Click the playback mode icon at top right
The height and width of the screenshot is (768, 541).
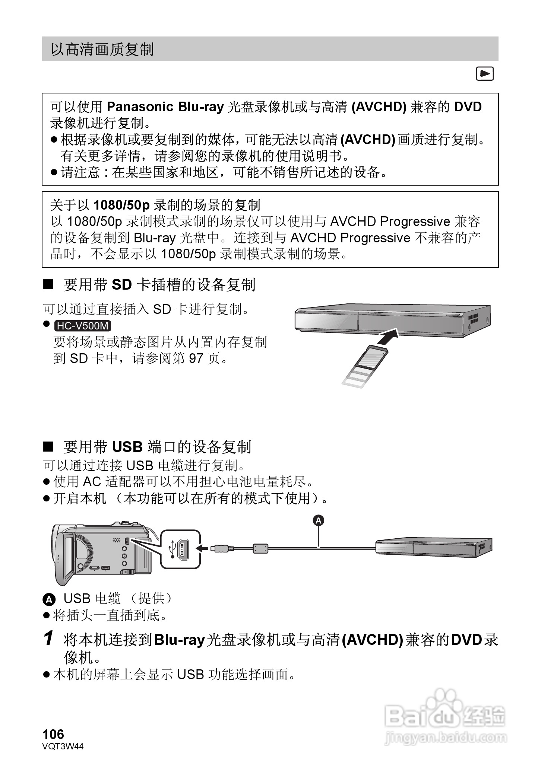click(x=485, y=74)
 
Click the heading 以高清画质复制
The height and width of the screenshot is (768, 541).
click(x=102, y=49)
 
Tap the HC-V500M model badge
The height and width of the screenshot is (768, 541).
click(x=83, y=326)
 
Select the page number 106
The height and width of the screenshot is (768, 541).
click(x=53, y=734)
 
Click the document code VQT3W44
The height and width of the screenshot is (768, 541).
click(x=63, y=746)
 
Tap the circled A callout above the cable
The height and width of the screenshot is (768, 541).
click(x=318, y=520)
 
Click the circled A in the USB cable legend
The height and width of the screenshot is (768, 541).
click(x=49, y=600)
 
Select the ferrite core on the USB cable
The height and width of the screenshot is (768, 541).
click(x=260, y=548)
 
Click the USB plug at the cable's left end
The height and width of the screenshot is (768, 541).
click(x=221, y=548)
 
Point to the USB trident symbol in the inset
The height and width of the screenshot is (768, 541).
click(x=173, y=549)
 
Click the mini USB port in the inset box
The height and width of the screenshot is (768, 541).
click(x=183, y=549)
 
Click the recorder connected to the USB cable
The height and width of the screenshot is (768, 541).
click(x=433, y=547)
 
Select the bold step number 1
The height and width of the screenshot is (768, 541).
click(x=48, y=638)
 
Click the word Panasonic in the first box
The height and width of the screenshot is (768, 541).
click(x=140, y=107)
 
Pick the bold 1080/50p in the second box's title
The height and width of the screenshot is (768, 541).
click(x=121, y=205)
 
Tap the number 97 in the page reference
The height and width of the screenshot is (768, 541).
click(x=196, y=358)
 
